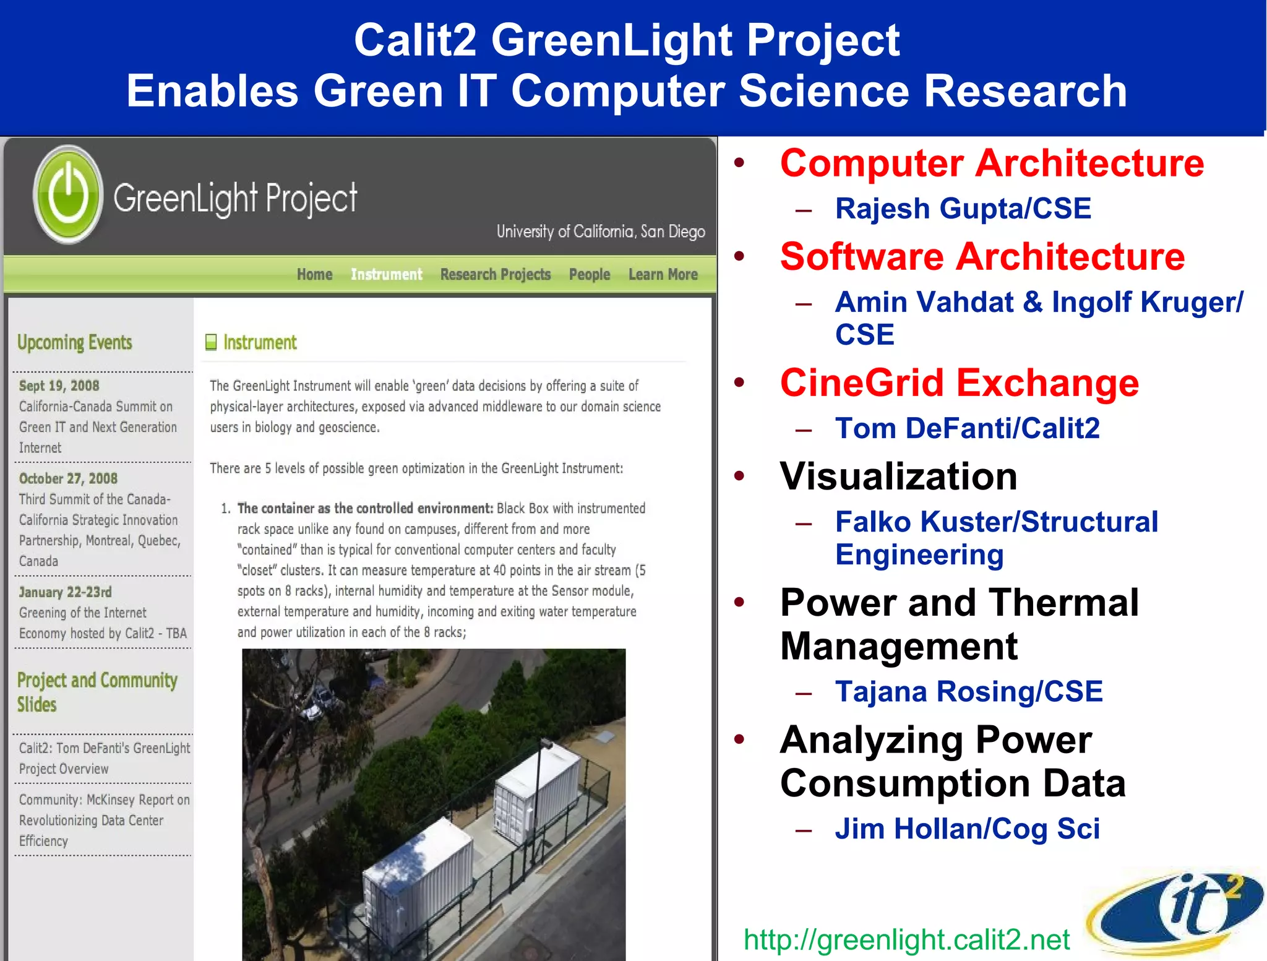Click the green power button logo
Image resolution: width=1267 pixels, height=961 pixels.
click(68, 194)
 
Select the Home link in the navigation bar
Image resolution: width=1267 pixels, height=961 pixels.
click(314, 274)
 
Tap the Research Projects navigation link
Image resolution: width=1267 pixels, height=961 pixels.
click(495, 274)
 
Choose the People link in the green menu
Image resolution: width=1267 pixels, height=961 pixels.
click(589, 274)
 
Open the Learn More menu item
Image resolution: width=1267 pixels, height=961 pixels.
click(663, 274)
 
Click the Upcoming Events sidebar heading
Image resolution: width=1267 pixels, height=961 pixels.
click(75, 342)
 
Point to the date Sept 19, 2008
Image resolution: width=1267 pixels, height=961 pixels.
click(59, 386)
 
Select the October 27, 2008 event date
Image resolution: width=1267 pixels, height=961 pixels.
click(68, 478)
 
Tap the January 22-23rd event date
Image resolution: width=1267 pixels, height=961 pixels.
click(65, 592)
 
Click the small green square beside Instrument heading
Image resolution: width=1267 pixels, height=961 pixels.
click(211, 342)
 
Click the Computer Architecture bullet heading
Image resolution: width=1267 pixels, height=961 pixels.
click(992, 163)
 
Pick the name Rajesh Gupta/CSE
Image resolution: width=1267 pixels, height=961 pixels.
click(963, 209)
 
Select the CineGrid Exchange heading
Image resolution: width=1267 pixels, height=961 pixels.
click(959, 383)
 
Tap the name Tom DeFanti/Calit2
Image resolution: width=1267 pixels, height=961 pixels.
click(967, 428)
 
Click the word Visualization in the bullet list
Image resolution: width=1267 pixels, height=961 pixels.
click(898, 476)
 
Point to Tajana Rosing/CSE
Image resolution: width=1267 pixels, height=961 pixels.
click(969, 691)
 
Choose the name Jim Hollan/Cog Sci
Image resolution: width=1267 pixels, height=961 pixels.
click(967, 829)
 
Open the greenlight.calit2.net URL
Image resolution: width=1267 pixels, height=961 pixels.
click(906, 939)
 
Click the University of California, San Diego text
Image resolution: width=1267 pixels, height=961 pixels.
click(600, 231)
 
